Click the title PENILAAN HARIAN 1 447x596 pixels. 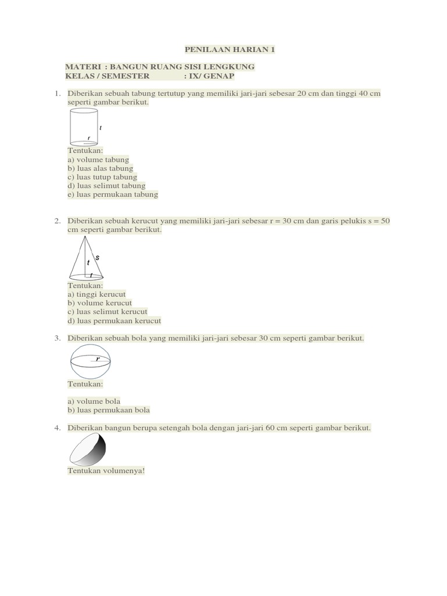[229, 49]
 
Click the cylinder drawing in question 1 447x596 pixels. [83, 127]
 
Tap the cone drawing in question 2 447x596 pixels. [86, 260]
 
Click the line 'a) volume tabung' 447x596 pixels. [98, 159]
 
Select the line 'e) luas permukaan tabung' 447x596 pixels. [113, 194]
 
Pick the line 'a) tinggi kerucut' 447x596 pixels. [97, 295]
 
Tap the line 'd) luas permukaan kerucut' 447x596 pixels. [114, 321]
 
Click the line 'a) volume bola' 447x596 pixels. [94, 401]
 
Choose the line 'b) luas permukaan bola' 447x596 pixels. [109, 410]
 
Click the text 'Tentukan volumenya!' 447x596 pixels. [106, 470]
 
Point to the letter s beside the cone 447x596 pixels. [97, 257]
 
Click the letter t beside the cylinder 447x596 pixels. [101, 127]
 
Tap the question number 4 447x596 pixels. [58, 428]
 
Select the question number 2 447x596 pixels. [58, 221]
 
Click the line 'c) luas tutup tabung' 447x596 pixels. [102, 177]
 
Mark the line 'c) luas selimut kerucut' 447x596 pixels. [108, 312]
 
